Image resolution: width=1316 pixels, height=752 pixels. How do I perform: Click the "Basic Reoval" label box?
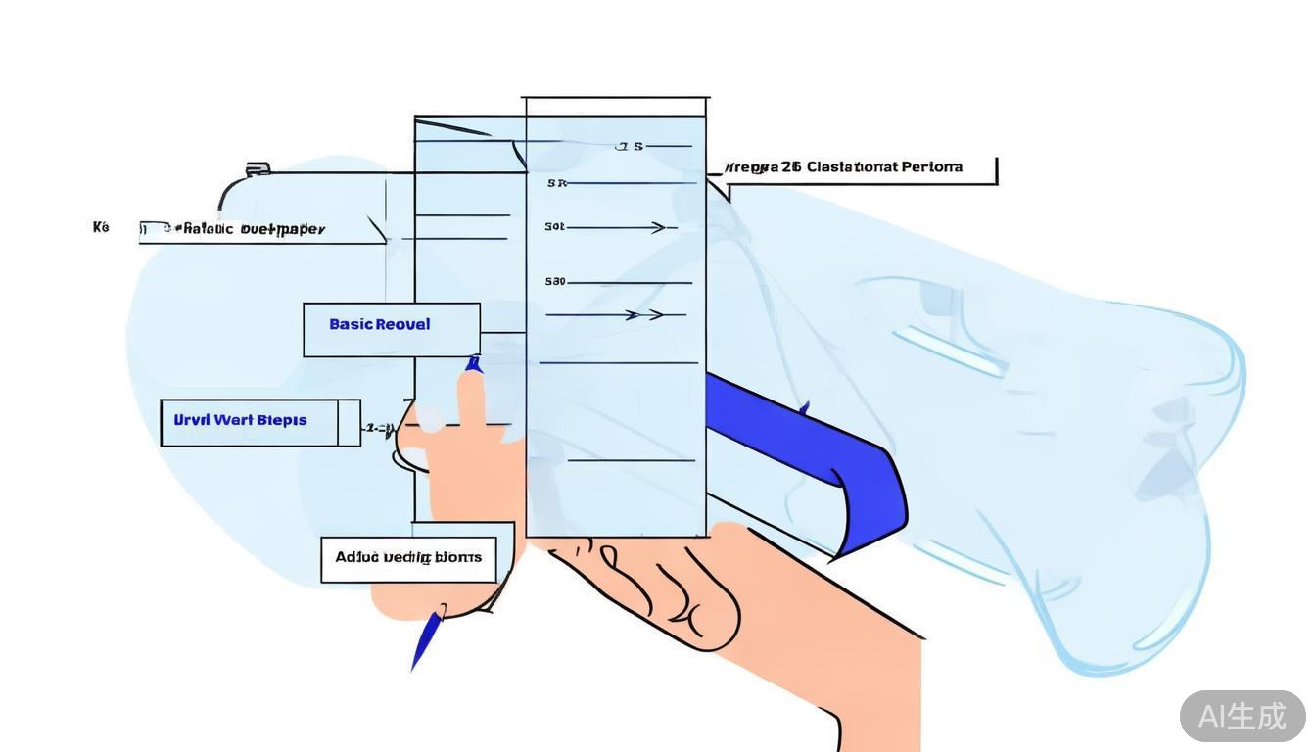(391, 330)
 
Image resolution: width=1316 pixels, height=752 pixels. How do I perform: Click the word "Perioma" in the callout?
(931, 167)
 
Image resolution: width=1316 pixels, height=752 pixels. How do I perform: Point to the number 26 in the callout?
(791, 167)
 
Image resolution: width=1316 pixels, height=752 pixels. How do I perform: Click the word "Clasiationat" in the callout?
(851, 167)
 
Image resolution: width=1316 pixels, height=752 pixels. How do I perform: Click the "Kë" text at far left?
(101, 227)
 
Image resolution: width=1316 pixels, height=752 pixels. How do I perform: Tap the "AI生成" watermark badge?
(1242, 716)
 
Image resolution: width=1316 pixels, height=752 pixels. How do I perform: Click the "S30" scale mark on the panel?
(555, 282)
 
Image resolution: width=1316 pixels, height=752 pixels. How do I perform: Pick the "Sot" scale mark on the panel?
(554, 227)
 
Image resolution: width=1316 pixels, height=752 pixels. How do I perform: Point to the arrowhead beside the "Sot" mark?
(660, 228)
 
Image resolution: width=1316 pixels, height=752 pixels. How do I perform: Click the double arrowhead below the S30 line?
(644, 315)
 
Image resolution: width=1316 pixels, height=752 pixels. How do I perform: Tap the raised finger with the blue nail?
(472, 392)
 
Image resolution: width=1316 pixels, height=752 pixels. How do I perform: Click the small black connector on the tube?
(258, 169)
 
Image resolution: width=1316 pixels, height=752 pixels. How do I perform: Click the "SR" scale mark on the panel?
(556, 183)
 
